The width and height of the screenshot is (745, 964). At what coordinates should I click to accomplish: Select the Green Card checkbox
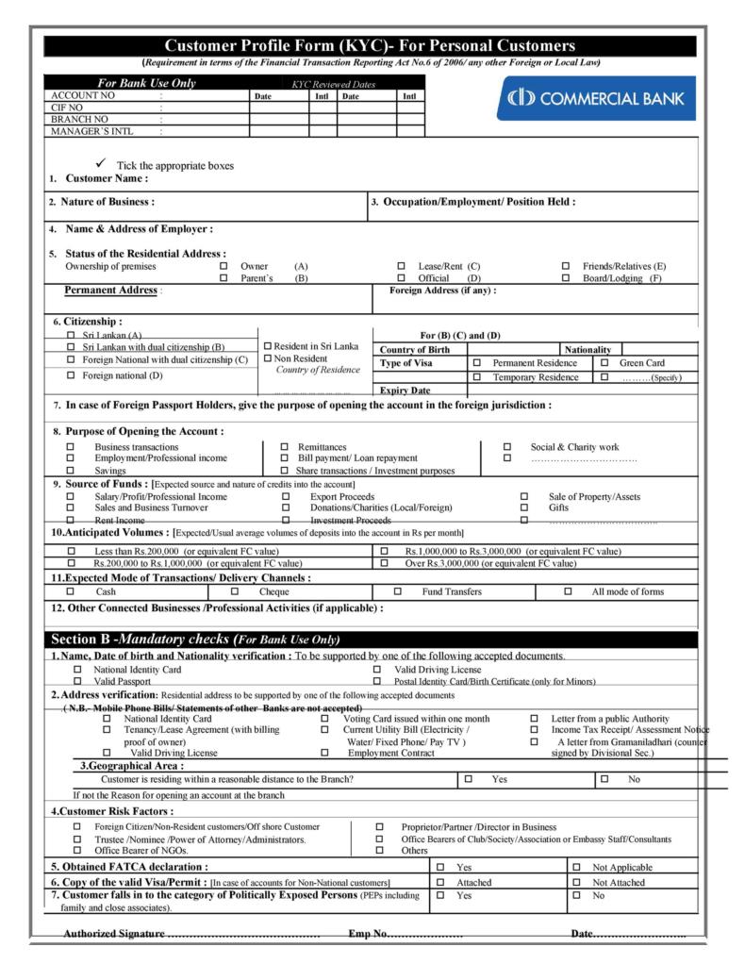pos(604,362)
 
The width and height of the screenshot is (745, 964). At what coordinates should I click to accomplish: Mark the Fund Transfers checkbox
pos(397,591)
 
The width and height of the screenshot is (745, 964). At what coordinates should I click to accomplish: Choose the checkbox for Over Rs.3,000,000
pos(384,563)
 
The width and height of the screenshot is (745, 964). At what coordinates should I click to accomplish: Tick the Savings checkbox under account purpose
pos(69,470)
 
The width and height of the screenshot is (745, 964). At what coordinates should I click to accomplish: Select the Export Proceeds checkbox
pos(286,496)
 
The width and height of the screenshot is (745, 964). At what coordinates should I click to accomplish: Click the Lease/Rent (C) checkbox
pos(401,267)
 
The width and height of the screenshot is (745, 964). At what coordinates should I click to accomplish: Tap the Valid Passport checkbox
pos(77,680)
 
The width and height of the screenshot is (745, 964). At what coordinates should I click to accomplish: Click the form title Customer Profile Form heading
pos(370,45)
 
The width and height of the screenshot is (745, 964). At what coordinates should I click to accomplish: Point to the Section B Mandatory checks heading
pos(194,639)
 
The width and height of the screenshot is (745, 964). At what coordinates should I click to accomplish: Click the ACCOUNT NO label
pos(83,95)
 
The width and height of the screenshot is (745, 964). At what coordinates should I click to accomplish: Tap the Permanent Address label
pos(110,290)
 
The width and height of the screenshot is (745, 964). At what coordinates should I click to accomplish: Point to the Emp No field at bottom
pos(406,933)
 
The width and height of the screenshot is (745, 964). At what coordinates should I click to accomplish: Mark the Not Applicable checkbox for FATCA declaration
pos(576,866)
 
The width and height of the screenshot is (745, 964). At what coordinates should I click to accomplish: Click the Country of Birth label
pos(415,349)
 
